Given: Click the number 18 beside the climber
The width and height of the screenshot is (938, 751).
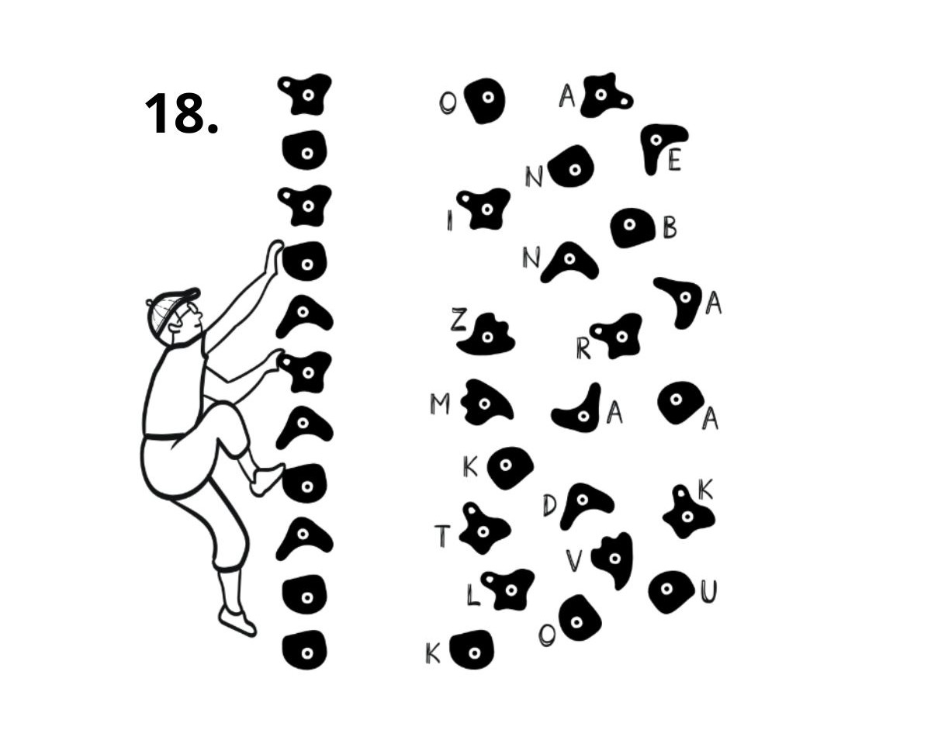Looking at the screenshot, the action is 181,114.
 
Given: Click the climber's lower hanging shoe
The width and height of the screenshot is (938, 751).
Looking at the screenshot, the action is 237,621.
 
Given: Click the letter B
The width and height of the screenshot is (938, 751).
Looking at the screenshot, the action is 670,227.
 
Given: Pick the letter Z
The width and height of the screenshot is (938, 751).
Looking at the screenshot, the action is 459,319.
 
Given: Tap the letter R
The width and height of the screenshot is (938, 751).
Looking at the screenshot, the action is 583,348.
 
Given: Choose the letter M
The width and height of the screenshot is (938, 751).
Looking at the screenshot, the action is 439,404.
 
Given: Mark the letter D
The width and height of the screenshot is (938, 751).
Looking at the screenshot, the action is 550,506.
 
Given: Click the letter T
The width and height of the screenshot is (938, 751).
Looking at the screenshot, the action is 442,535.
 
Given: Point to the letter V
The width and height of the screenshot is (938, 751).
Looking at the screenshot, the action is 574,560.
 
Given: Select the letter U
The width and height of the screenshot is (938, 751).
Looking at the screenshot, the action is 708,592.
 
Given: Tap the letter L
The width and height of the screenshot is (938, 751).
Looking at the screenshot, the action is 473,594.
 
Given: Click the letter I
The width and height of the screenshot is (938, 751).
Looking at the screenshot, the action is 449,220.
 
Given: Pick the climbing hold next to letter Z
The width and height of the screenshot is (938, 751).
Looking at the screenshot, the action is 486,334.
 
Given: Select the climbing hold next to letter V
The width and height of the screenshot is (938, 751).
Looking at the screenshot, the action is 614,560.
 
